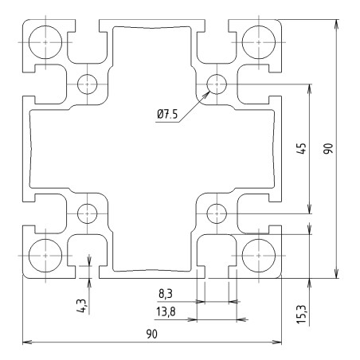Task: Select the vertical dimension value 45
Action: [x=302, y=148]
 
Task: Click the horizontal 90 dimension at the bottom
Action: [x=151, y=335]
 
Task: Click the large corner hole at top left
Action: [x=45, y=39]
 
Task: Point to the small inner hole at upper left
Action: [x=86, y=82]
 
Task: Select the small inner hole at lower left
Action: [x=86, y=213]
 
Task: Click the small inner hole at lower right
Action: [x=216, y=213]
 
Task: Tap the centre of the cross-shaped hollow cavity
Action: [x=151, y=148]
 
